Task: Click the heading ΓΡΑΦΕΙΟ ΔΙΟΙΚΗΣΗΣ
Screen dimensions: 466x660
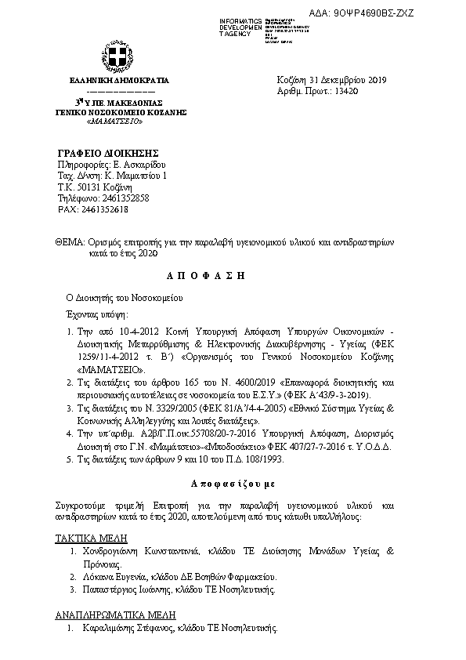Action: tap(109, 151)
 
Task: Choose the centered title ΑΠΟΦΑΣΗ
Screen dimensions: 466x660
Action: tap(207, 277)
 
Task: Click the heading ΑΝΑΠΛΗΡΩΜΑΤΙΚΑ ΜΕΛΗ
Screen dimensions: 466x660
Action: tap(115, 615)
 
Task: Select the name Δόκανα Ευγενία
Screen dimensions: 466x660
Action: tap(116, 576)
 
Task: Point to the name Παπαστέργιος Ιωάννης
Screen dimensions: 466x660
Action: tap(132, 589)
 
